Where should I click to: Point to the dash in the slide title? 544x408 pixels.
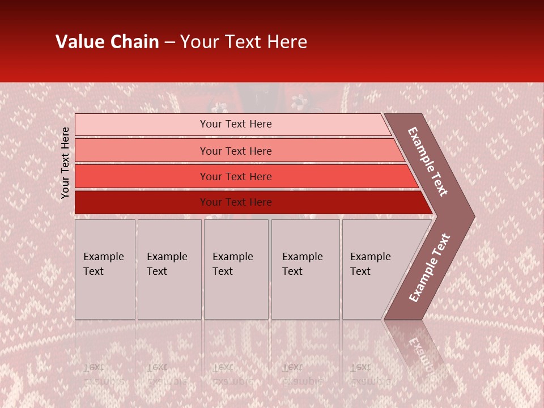pos(169,42)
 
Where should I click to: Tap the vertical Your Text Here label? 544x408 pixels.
pos(65,163)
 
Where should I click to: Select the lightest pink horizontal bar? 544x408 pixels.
pos(142,125)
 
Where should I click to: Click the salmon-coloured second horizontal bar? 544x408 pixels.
pos(142,151)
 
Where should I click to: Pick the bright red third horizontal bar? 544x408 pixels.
pos(142,177)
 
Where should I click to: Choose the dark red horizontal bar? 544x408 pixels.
pos(142,202)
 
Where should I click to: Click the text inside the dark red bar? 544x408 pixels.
pos(236,202)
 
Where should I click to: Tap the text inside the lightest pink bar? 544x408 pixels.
pos(236,124)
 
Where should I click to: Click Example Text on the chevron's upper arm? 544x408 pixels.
pos(428,161)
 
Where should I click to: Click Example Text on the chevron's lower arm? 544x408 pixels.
pos(430,267)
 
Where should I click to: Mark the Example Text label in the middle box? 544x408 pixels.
pos(232,264)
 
